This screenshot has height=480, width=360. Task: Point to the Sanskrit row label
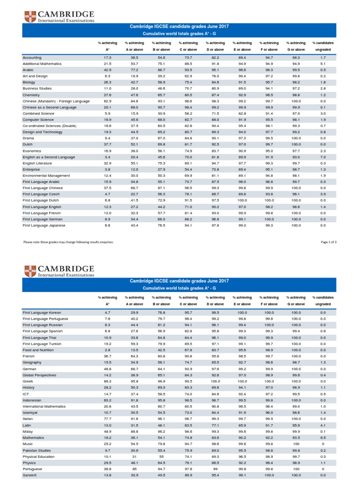pyautogui.click(x=30, y=475)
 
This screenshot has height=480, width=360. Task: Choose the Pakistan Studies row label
pyautogui.click(x=36, y=450)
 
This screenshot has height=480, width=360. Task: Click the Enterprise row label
pyautogui.click(x=31, y=169)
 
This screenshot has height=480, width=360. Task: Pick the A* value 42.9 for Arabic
pyautogui.click(x=107, y=69)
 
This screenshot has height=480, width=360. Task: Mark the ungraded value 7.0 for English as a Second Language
pyautogui.click(x=322, y=157)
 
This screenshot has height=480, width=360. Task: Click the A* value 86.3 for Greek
pyautogui.click(x=107, y=381)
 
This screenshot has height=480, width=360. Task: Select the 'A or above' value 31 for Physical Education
pyautogui.click(x=134, y=457)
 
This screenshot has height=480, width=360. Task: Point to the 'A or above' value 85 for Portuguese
pyautogui.click(x=134, y=469)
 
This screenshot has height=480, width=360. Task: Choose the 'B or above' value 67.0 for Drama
pyautogui.click(x=161, y=138)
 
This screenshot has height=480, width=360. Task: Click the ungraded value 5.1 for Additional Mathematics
pyautogui.click(x=322, y=63)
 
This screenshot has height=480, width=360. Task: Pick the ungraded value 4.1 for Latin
pyautogui.click(x=322, y=425)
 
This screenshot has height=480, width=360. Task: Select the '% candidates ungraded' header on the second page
pyautogui.click(x=322, y=300)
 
